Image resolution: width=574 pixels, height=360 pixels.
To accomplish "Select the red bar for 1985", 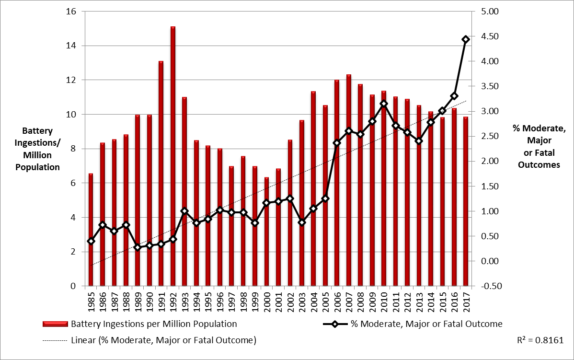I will (91, 230).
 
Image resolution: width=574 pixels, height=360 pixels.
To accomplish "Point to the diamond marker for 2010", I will (384, 104).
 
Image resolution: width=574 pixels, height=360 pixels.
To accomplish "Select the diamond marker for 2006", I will (337, 143).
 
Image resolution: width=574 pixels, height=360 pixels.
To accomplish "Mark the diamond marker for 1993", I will (184, 211).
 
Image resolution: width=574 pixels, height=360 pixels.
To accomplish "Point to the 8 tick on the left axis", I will (73, 149).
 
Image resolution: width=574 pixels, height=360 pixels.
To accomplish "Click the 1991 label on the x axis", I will (161, 300).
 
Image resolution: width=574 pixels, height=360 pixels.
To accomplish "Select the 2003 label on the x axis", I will (302, 300).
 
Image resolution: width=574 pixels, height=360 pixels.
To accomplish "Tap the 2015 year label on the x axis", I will (443, 300).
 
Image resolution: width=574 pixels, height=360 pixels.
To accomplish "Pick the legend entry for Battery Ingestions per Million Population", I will (153, 324).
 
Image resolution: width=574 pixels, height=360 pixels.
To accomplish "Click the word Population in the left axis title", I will (37, 167).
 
